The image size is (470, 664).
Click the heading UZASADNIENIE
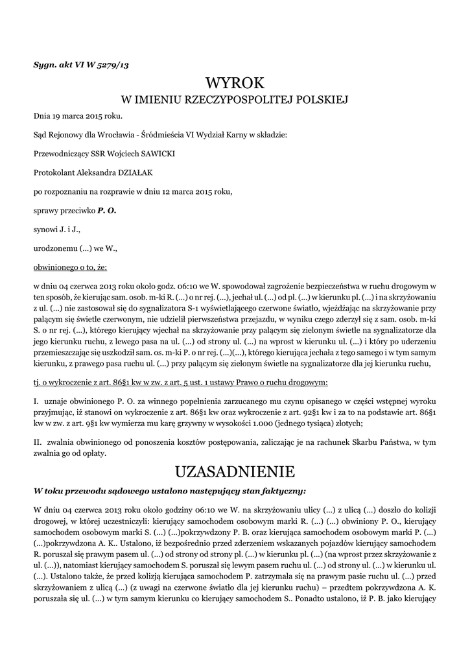tap(235, 469)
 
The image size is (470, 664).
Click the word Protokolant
tap(56, 172)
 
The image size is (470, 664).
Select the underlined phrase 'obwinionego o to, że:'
tap(70, 267)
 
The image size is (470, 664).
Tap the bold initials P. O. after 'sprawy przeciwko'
tap(107, 211)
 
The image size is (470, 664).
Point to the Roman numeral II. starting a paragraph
tap(38, 442)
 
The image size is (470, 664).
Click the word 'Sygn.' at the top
tap(44, 65)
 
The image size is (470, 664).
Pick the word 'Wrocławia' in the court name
tap(113, 135)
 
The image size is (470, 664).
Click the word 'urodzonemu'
tap(55, 248)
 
